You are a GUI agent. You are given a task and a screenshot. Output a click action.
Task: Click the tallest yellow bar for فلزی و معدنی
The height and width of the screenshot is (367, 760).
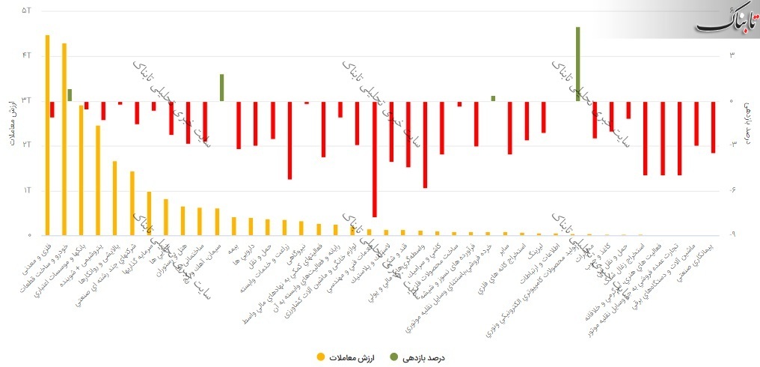(x=47, y=135)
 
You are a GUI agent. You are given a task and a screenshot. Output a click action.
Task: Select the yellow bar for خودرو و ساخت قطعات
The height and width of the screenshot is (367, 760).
(x=64, y=139)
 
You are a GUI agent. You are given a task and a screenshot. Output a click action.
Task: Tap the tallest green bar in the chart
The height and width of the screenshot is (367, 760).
(x=578, y=64)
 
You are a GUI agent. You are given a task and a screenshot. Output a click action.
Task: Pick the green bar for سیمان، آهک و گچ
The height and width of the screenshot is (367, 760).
(x=222, y=88)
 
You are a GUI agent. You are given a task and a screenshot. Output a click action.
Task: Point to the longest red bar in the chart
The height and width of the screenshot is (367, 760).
(x=374, y=159)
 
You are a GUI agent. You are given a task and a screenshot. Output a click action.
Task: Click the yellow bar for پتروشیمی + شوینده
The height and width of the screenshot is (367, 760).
(x=98, y=180)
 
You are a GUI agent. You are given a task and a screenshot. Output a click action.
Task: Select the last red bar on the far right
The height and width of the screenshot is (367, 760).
(x=714, y=127)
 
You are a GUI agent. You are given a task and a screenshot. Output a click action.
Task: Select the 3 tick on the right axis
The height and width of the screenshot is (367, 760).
(x=733, y=55)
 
